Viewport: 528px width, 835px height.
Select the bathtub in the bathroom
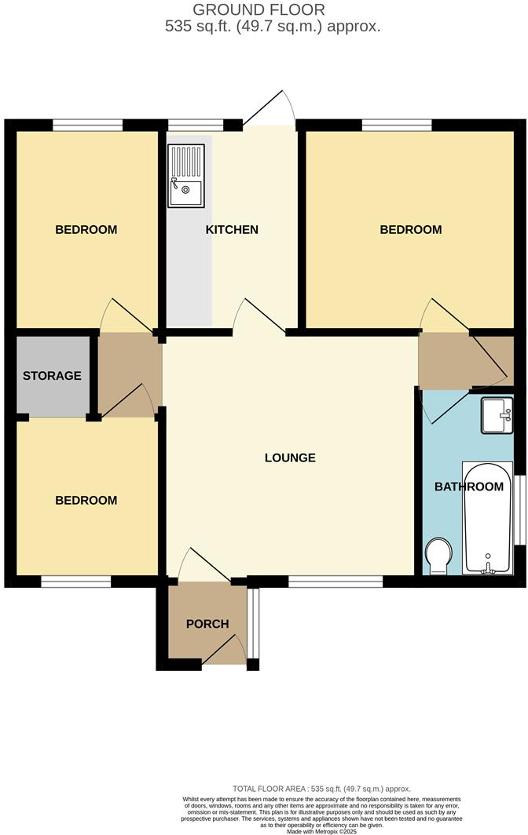click(488, 518)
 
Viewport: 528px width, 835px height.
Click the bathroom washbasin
click(497, 414)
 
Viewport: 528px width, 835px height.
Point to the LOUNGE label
click(290, 458)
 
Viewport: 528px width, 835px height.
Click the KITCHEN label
click(232, 230)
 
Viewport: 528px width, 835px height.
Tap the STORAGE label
click(52, 376)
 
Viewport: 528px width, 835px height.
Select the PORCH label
click(207, 624)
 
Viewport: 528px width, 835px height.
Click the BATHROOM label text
click(469, 487)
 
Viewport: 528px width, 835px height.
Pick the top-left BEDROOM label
click(86, 230)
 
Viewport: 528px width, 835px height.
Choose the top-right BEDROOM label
click(411, 230)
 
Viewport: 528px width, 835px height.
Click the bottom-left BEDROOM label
click(86, 501)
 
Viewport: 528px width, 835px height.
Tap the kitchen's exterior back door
click(269, 110)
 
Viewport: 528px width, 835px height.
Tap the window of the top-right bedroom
click(397, 124)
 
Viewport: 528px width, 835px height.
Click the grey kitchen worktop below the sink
click(189, 267)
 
